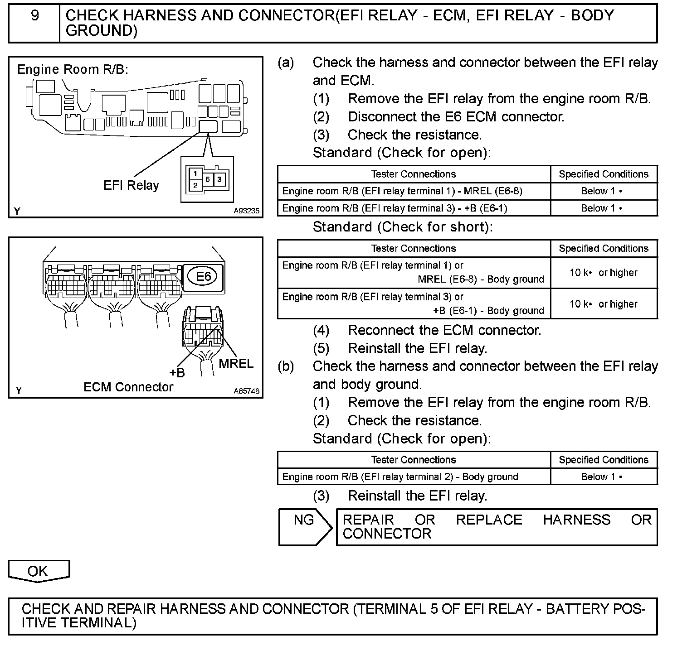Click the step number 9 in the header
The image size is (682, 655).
[34, 16]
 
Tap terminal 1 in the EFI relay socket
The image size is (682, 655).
[195, 173]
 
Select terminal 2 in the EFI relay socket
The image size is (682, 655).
[195, 185]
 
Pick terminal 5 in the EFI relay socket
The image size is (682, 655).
[207, 179]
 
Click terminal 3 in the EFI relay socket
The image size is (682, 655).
[219, 179]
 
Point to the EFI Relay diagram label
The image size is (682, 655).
[131, 186]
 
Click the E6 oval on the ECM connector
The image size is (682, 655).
[203, 276]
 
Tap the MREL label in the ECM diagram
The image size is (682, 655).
[236, 364]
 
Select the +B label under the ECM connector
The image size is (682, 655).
[177, 373]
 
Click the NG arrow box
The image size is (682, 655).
[305, 527]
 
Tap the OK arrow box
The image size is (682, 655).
[39, 571]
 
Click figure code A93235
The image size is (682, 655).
[247, 211]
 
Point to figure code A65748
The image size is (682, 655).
[247, 390]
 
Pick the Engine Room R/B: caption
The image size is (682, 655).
[73, 69]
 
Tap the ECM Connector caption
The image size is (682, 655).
[128, 387]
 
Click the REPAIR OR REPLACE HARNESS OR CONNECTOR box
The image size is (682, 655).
[497, 527]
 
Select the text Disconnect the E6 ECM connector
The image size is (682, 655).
[456, 117]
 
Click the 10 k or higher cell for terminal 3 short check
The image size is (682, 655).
[604, 304]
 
